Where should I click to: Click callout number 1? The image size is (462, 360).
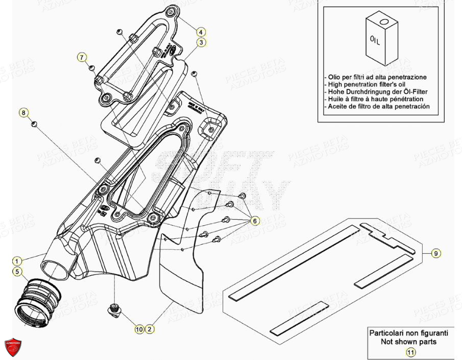[18, 260]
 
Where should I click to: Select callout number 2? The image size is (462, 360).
[150, 329]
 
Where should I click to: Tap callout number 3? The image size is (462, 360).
[202, 42]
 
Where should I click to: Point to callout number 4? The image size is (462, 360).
[202, 31]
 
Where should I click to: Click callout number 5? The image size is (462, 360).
[18, 272]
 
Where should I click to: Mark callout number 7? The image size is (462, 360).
[82, 57]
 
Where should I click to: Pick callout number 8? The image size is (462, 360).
[23, 112]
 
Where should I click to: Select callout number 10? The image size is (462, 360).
[139, 329]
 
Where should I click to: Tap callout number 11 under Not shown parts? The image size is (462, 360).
[410, 351]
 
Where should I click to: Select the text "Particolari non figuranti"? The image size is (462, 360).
[410, 332]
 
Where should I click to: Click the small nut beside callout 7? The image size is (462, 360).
[92, 67]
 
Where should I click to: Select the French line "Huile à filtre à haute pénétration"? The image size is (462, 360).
[374, 99]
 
